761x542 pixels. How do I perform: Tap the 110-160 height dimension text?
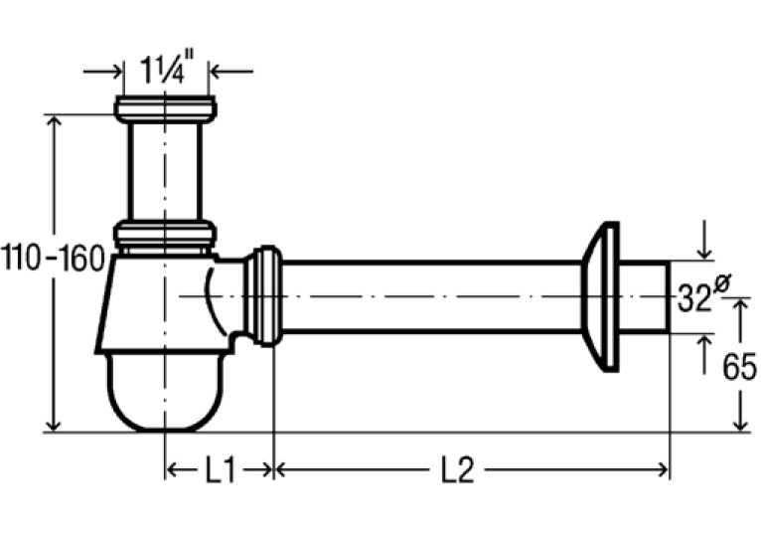[53, 258]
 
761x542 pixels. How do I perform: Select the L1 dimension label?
[221, 470]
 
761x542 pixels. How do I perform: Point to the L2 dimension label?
[457, 470]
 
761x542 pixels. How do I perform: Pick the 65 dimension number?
[739, 367]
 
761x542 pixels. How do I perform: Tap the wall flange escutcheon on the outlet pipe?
[600, 296]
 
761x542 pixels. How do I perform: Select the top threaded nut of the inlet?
[165, 109]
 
